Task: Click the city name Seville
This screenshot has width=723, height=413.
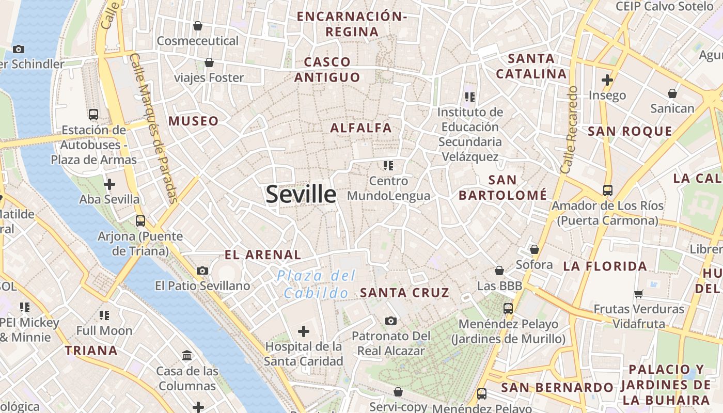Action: [301, 194]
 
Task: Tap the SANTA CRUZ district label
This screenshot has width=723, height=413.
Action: [404, 293]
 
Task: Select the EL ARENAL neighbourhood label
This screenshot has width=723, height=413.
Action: [263, 255]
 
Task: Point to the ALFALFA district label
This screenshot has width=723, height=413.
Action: [361, 128]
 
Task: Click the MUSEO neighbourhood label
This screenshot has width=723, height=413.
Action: [194, 121]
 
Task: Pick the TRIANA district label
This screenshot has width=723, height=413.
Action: [91, 351]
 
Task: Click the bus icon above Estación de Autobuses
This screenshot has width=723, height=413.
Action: [93, 115]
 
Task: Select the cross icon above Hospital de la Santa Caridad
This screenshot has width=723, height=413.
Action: [304, 331]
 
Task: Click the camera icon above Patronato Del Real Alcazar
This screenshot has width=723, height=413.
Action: [391, 321]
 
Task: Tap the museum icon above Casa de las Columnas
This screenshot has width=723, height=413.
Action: [187, 356]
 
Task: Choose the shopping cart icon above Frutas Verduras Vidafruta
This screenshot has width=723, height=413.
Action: [639, 294]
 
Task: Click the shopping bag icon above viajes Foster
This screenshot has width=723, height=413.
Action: [209, 63]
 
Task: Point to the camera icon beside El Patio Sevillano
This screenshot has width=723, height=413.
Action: [202, 271]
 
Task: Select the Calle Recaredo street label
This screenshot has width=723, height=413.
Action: [569, 130]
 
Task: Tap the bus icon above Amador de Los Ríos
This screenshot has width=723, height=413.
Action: [607, 190]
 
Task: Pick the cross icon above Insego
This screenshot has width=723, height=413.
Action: [607, 80]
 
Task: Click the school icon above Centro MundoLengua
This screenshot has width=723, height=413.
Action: [388, 166]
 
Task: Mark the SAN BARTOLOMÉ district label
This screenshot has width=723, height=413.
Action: [502, 187]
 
